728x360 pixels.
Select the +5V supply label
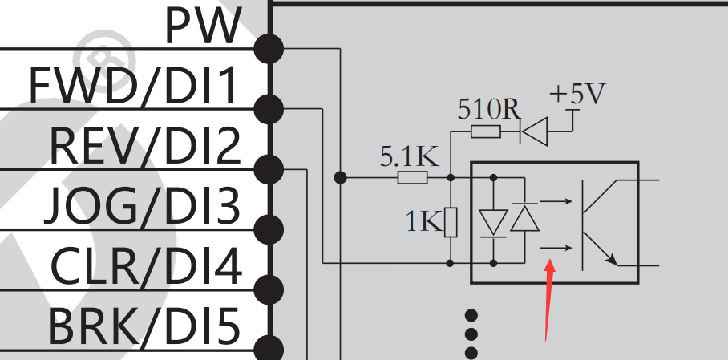point(577,95)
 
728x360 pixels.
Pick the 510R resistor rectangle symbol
point(486,131)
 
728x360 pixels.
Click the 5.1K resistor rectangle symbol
point(413,177)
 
